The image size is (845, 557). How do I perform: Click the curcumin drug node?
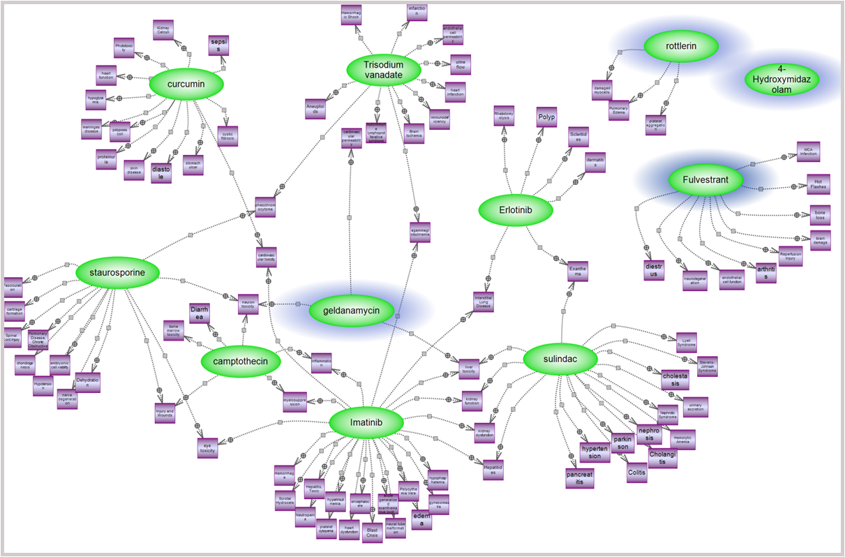point(186,84)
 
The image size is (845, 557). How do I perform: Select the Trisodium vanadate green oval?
point(384,70)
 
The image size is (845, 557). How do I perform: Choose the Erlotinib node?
point(516,209)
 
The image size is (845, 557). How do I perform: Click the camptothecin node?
point(240,362)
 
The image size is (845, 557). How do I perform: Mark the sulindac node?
point(560,359)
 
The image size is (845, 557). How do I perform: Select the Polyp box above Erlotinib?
point(546,117)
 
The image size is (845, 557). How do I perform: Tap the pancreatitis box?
point(580,477)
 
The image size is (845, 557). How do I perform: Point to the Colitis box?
point(636,472)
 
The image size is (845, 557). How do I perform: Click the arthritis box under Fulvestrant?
point(766,272)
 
